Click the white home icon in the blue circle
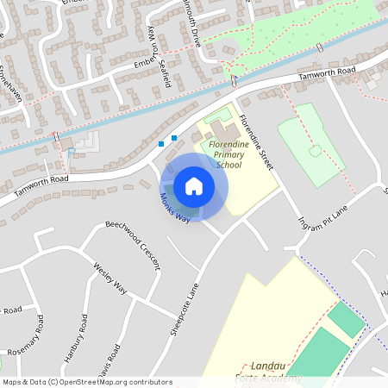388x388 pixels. pyautogui.click(x=193, y=186)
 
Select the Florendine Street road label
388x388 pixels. pyautogui.click(x=256, y=142)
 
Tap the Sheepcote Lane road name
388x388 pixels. pyautogui.click(x=185, y=302)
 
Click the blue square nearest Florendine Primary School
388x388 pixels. pyautogui.click(x=174, y=137)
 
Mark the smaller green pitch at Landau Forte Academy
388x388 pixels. pyautogui.click(x=347, y=320)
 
